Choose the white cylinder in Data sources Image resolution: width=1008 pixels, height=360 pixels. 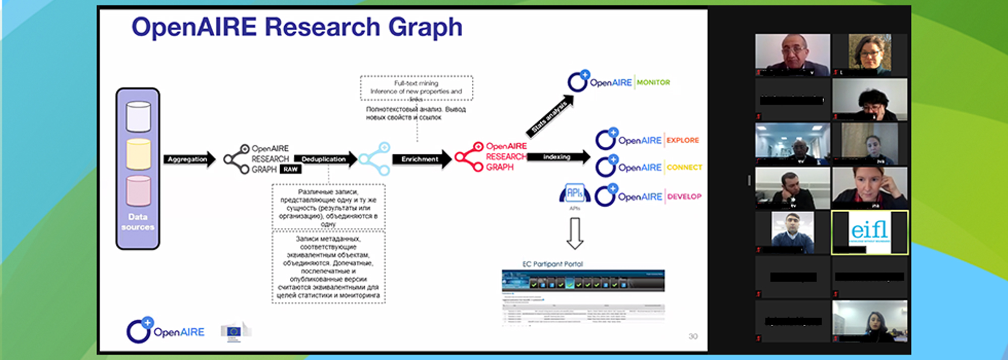point(138,116)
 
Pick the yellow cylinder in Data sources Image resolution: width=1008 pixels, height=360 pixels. point(138,154)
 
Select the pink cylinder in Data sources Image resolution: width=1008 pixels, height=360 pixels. point(138,191)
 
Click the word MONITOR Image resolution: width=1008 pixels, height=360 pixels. point(653,82)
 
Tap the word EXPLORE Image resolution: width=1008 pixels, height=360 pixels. point(682,140)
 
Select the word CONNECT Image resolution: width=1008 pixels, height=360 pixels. point(684,167)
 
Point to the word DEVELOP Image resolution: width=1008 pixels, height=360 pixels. point(684,197)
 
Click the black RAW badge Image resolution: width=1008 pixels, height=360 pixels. point(290,169)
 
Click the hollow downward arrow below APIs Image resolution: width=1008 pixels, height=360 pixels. point(575,233)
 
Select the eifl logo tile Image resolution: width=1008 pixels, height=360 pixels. point(869,232)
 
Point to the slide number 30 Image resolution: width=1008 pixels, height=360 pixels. point(693,336)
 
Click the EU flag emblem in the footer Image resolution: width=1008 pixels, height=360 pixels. point(234,331)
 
